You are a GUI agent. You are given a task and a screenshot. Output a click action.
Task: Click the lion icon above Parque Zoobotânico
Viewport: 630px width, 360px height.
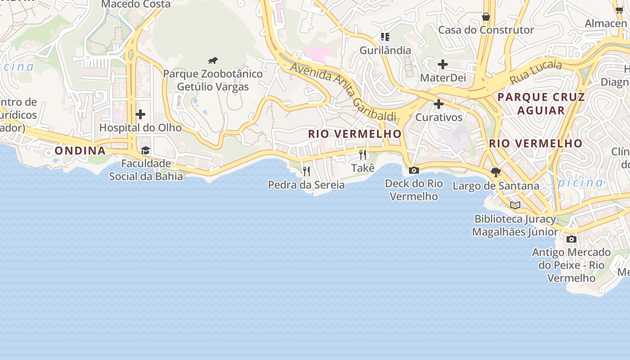213,60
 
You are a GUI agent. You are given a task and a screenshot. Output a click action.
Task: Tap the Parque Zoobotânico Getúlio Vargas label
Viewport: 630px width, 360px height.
213,80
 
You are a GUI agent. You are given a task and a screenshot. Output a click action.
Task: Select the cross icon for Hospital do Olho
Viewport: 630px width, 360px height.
140,114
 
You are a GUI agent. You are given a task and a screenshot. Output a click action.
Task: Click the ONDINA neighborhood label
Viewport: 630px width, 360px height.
80,151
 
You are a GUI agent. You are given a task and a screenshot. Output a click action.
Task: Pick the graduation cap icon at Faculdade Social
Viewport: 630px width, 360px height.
145,150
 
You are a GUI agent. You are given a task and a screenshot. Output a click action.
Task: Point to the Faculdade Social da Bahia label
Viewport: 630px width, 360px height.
146,170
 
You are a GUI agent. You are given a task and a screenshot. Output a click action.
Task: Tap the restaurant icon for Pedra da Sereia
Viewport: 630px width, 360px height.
306,171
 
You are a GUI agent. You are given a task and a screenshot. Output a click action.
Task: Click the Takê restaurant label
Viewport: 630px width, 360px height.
363,168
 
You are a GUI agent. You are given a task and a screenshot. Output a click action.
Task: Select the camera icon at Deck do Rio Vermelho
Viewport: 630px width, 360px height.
414,170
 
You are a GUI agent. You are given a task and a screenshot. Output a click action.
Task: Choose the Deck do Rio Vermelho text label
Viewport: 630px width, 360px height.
414,190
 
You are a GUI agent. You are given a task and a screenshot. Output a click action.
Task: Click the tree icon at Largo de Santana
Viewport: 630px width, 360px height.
496,172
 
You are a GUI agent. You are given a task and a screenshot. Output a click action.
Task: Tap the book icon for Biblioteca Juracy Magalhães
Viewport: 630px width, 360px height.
515,206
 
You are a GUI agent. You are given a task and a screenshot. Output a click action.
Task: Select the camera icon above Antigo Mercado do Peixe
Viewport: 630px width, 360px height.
571,239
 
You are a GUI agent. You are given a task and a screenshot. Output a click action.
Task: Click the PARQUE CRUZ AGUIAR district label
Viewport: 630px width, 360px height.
541,103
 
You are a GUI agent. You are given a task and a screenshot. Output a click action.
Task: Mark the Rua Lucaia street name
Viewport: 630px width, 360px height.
535,72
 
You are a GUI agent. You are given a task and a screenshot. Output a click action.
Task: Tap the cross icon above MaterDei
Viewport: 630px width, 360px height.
443,64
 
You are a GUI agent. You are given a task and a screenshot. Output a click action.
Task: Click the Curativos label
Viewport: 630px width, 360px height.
439,117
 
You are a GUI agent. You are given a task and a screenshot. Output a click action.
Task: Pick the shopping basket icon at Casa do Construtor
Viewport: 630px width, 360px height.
486,17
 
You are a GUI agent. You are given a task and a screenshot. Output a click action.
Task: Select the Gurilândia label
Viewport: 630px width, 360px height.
385,50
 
